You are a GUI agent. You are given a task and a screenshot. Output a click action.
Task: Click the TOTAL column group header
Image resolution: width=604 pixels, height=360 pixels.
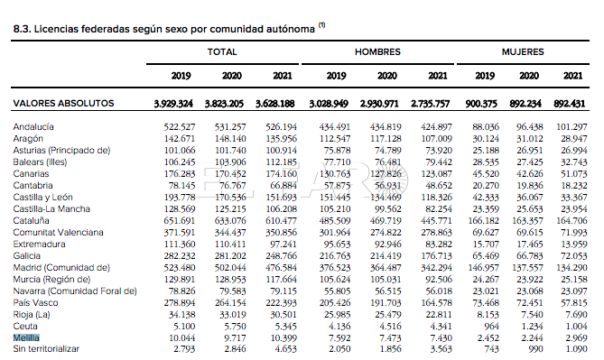222,52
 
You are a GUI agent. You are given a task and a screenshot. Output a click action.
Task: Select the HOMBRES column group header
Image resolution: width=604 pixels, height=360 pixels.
377,52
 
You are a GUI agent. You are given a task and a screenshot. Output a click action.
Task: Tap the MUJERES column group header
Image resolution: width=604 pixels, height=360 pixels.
523,52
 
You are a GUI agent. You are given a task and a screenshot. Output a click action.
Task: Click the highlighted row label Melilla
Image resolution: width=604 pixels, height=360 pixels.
26,337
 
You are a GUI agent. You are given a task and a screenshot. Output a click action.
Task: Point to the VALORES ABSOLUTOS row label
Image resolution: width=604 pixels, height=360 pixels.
63,103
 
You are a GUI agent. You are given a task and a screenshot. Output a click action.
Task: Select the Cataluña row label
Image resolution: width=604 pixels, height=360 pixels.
32,221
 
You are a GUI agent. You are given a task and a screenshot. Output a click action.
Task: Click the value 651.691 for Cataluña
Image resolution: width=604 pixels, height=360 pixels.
180,221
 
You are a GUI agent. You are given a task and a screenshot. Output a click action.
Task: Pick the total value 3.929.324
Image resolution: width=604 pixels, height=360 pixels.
173,104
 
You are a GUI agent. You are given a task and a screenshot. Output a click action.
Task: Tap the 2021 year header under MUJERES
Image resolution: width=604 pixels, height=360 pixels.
572,76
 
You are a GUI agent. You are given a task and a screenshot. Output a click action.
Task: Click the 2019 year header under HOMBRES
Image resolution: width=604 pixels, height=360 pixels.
336,76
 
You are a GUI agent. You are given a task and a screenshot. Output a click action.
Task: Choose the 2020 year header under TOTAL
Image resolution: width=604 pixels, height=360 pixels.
232,76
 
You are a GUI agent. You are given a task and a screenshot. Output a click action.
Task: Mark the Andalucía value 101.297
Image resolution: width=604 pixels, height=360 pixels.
571,126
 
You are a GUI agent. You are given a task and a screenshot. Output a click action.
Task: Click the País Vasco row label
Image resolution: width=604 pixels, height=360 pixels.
35,302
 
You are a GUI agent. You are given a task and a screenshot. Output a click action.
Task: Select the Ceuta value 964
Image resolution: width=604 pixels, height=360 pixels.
491,326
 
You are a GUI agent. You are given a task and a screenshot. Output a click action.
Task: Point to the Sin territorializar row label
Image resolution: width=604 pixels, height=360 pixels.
46,349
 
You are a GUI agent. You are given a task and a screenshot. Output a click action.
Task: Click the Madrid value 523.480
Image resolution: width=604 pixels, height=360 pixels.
180,268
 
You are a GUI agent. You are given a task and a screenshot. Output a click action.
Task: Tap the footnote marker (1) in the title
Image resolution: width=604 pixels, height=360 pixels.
321,25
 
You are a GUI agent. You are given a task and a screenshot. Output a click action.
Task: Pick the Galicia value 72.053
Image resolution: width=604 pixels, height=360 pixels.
574,255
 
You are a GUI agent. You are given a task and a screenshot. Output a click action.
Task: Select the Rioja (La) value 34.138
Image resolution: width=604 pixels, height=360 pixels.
181,315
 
